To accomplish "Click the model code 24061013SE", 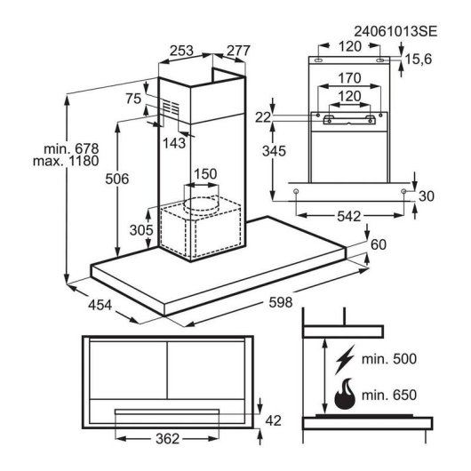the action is click(x=395, y=31).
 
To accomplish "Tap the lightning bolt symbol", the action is click(x=345, y=359).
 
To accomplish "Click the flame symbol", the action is click(x=345, y=394).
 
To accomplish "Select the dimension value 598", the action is click(x=281, y=302).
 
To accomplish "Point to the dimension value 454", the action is click(x=100, y=305).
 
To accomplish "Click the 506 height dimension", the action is click(x=116, y=179).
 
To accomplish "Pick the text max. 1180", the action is click(x=66, y=162).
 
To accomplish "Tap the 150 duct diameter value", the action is click(x=205, y=174).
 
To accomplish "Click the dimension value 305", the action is click(x=141, y=230).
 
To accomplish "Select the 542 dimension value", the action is click(x=348, y=216).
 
